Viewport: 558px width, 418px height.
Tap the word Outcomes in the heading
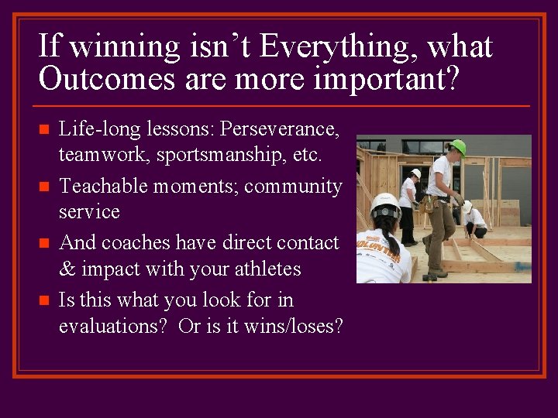pos(107,78)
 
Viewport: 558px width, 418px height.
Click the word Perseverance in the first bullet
pos(279,128)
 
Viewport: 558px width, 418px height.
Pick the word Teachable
pos(103,186)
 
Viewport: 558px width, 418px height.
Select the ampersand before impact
pos(67,269)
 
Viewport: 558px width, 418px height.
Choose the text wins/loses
pos(293,326)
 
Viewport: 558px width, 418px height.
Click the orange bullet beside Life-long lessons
pos(44,129)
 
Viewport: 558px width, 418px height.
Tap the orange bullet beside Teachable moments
pos(44,187)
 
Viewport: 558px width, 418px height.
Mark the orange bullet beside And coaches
pos(44,243)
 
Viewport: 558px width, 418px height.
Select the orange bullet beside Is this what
pos(44,300)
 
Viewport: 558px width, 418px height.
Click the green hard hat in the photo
pos(458,147)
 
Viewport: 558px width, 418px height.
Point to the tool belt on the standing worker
pos(428,204)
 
